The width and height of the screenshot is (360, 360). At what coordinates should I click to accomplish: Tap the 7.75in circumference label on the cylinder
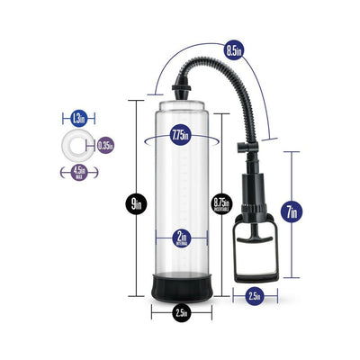(x=180, y=136)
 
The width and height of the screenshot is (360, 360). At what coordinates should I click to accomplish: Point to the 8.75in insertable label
(x=220, y=203)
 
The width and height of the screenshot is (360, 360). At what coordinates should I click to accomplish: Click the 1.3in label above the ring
(x=78, y=117)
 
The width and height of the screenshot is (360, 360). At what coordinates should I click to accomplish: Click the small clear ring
(x=79, y=144)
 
